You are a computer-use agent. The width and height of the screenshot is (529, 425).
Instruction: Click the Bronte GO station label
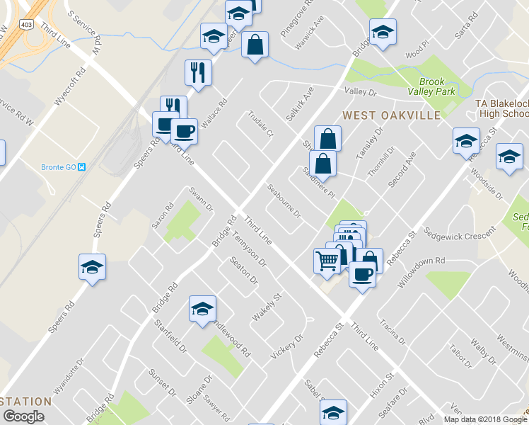click(x=59, y=167)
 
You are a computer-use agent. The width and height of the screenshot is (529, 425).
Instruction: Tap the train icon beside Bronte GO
click(x=82, y=167)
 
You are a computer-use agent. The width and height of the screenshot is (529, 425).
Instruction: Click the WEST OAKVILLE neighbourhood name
click(x=391, y=115)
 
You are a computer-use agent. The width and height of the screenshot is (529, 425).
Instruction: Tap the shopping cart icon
click(x=327, y=261)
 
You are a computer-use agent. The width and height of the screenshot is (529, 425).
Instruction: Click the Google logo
click(x=23, y=416)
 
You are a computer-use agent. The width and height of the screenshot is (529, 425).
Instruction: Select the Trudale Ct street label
click(x=260, y=125)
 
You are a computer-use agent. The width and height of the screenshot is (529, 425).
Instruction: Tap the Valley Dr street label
click(x=361, y=92)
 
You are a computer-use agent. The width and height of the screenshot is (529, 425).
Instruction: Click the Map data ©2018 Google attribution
click(x=485, y=419)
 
